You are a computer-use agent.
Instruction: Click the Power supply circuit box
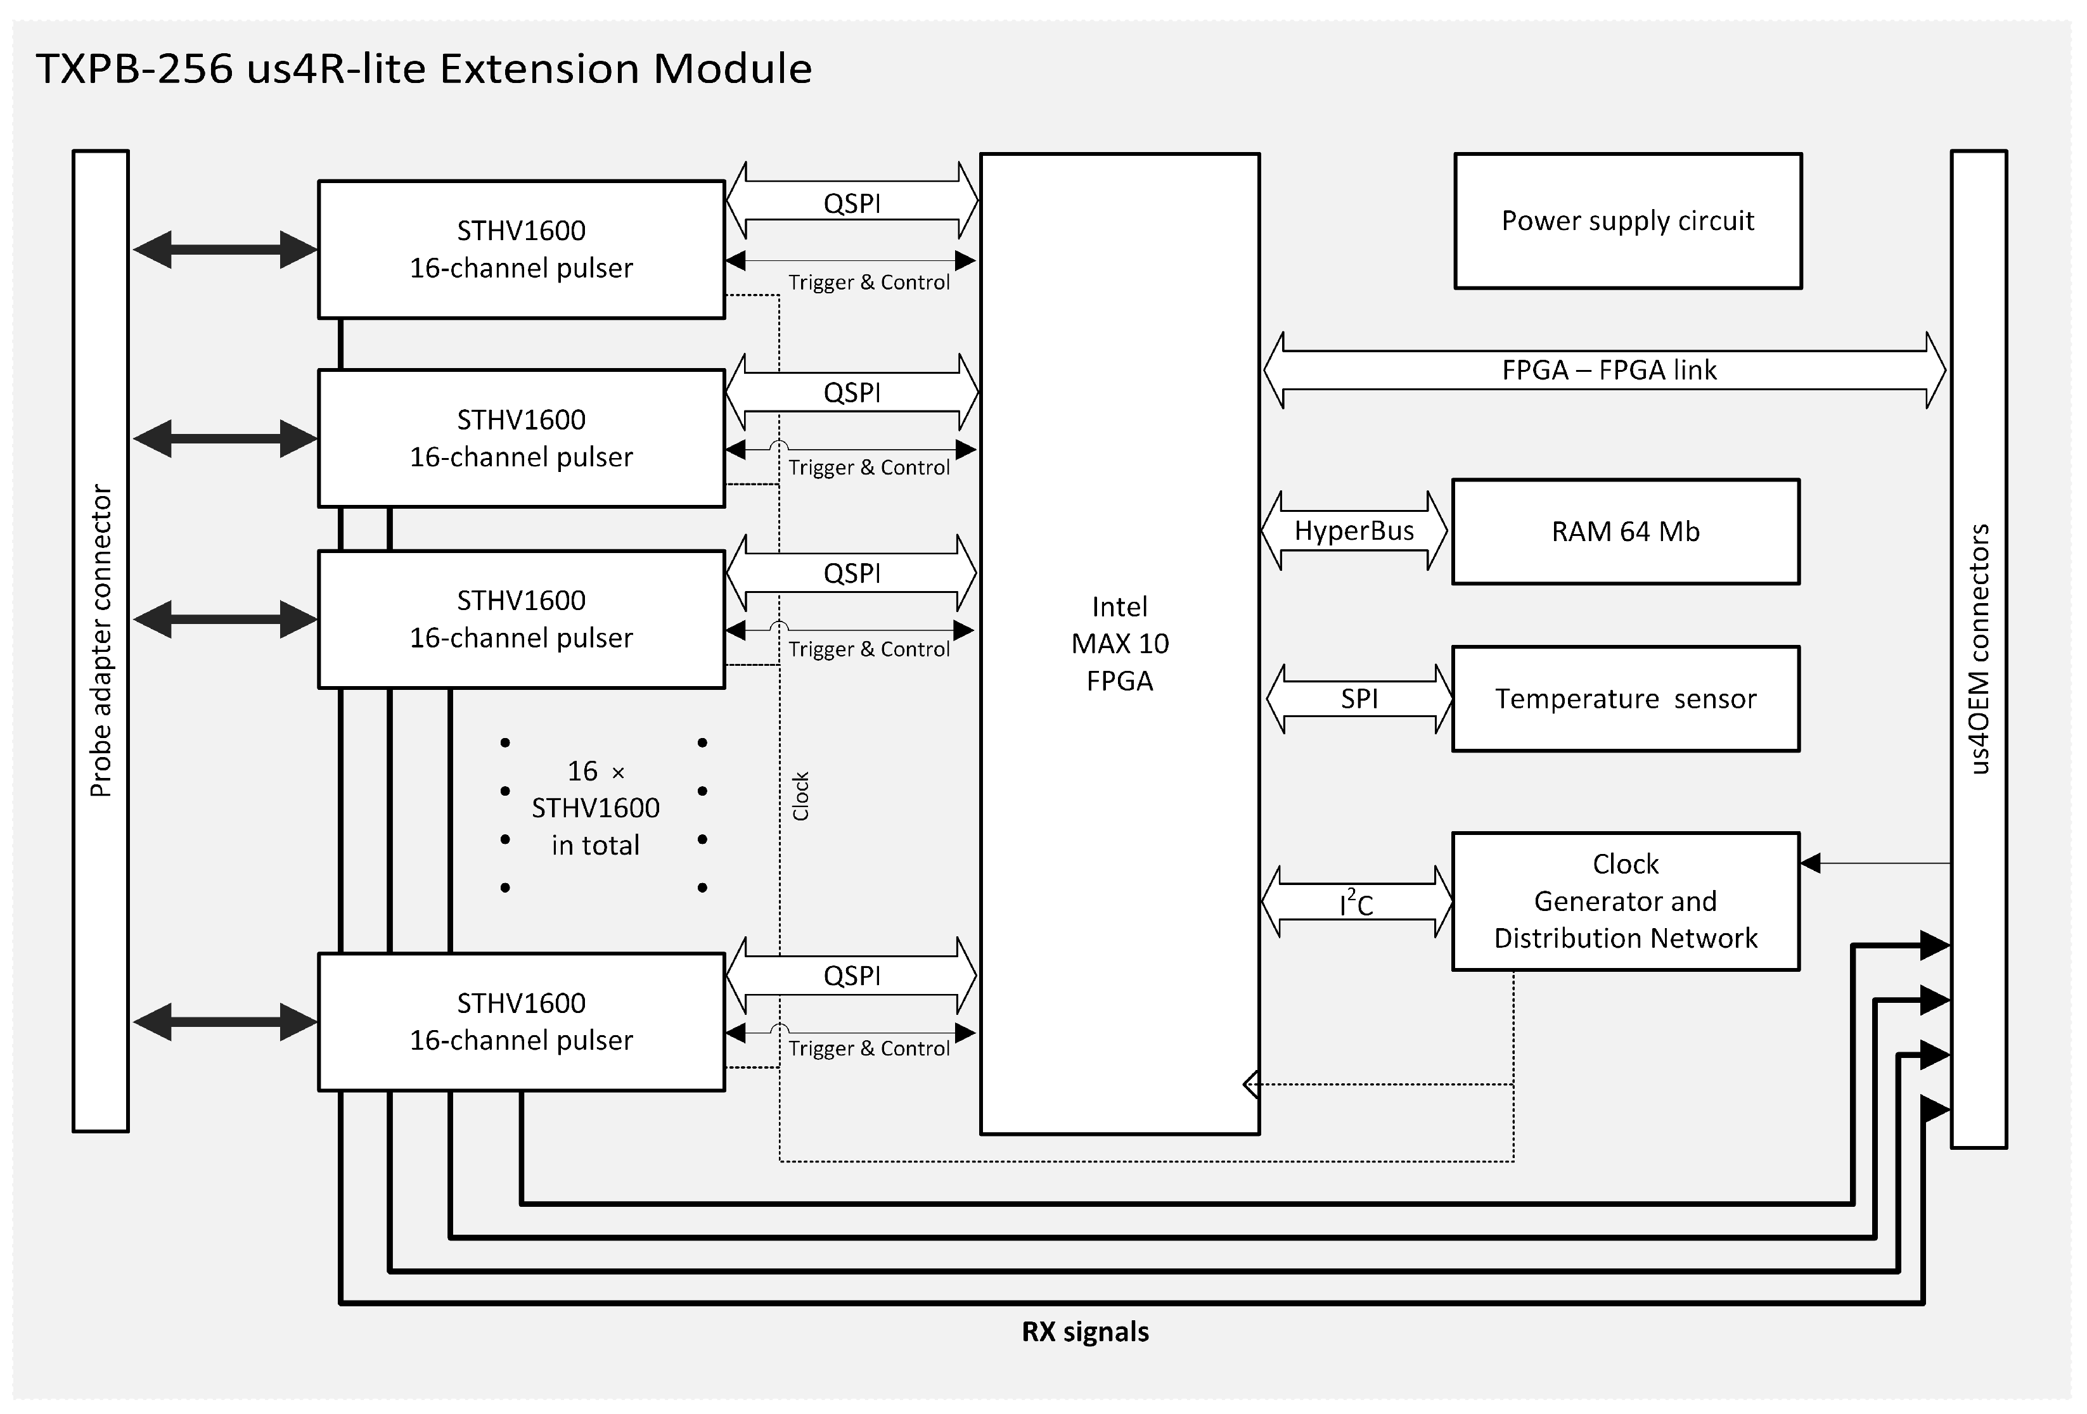[x=1628, y=221]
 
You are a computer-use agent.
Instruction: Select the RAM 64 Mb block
[x=1626, y=532]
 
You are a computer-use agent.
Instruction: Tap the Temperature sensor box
[x=1626, y=699]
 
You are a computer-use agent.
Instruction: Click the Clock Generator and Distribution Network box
[x=1626, y=901]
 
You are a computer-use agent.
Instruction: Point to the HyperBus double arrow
[x=1354, y=531]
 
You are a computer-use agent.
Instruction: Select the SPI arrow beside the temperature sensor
[x=1359, y=699]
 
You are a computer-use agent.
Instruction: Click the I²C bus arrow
[x=1356, y=902]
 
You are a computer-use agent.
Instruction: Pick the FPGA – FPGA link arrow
[x=1607, y=370]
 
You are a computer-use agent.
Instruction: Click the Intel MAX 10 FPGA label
[x=1120, y=644]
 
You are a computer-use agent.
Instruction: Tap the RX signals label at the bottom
[x=1085, y=1332]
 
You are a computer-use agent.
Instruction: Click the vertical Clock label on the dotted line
[x=801, y=796]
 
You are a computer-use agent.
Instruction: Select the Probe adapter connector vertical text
[x=101, y=641]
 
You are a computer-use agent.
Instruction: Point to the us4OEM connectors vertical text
[x=1979, y=648]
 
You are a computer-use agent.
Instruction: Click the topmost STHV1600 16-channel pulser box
[x=521, y=250]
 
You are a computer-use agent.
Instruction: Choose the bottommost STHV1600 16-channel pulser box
[x=521, y=1022]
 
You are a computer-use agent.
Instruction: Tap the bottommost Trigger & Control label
[x=868, y=1048]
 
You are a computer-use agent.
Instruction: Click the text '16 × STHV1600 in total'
[x=595, y=808]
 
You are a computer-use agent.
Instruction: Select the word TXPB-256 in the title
[x=135, y=69]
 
